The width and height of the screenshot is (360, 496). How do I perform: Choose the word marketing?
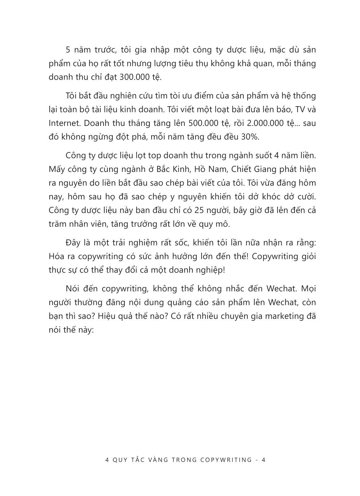tap(281, 316)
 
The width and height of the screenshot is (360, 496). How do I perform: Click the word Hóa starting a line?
tap(57, 256)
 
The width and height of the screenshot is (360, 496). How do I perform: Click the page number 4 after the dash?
tap(263, 460)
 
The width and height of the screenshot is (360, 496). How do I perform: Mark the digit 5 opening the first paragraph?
tap(68, 50)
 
